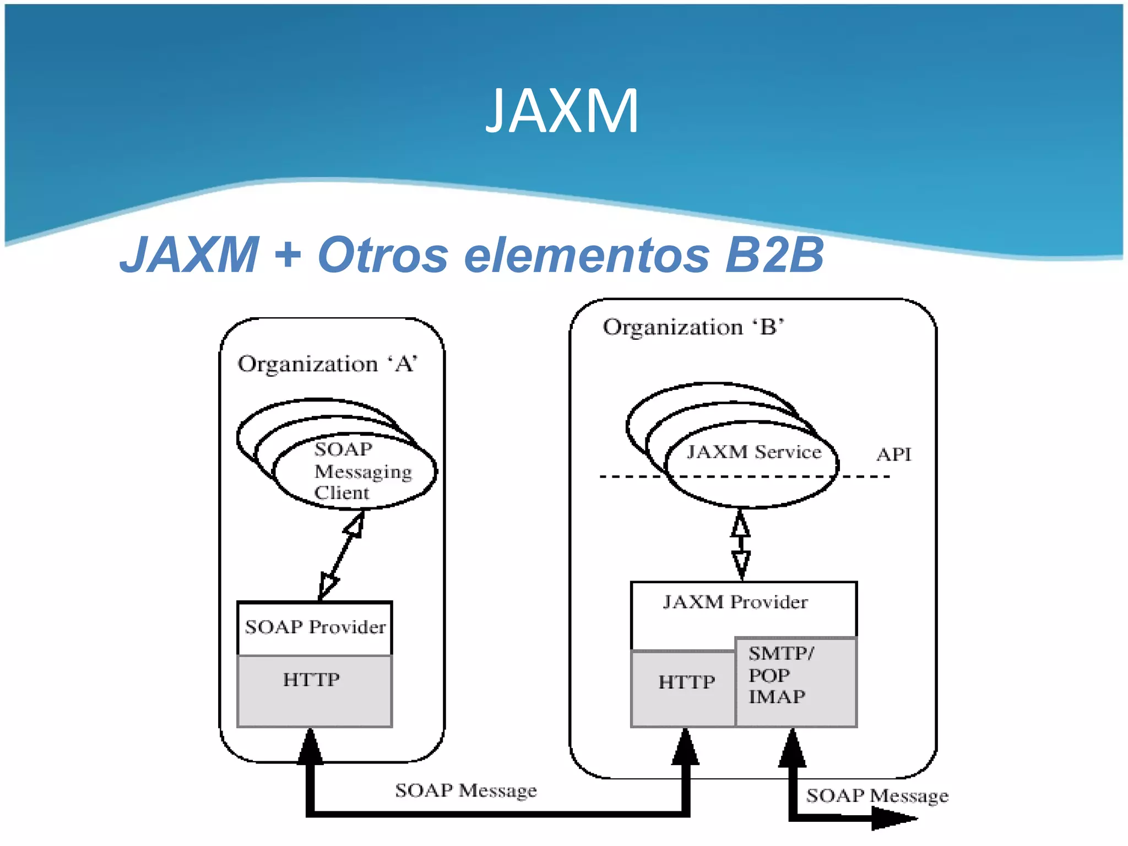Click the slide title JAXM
[562, 111]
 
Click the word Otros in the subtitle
[382, 255]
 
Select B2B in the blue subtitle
[773, 255]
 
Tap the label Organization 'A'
[327, 364]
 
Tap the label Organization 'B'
[693, 327]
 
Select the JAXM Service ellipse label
[753, 452]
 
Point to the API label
[893, 454]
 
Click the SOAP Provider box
[314, 627]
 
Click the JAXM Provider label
[735, 602]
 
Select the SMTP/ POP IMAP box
[796, 682]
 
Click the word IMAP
[777, 697]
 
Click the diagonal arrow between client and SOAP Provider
[341, 555]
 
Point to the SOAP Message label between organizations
[465, 791]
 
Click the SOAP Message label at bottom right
[877, 796]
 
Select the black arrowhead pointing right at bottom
[892, 819]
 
